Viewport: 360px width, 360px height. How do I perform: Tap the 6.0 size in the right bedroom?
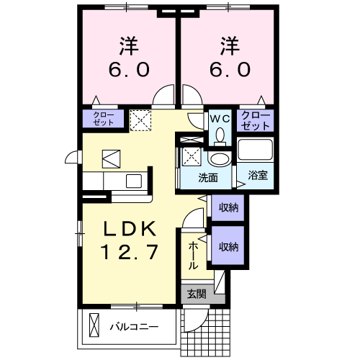click(x=230, y=70)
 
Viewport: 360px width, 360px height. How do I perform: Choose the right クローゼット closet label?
click(x=256, y=120)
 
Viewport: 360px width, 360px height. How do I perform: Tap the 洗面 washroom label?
click(x=209, y=177)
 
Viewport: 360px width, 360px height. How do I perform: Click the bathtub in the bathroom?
click(x=256, y=152)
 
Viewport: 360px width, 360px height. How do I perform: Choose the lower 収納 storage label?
click(x=228, y=246)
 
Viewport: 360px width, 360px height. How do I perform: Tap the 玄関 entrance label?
click(x=196, y=294)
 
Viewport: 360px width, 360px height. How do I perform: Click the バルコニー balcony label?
click(x=133, y=326)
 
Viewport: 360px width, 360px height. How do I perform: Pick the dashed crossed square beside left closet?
click(x=140, y=120)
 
